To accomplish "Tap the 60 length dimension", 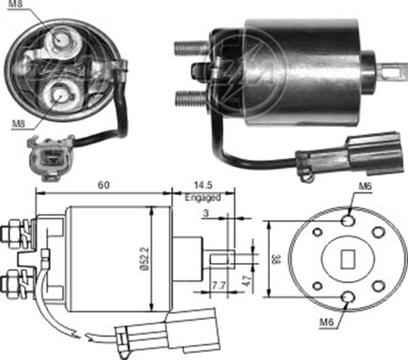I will coord(102,184).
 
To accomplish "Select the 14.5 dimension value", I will coord(202,184).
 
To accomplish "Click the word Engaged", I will coord(203,198).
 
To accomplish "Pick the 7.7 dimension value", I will coord(219,285).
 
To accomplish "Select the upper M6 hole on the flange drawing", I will coord(347,221).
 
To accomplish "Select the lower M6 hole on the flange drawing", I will coord(347,297).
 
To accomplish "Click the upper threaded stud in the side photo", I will coord(192,49).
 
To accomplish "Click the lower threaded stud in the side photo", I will coord(191,99).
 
